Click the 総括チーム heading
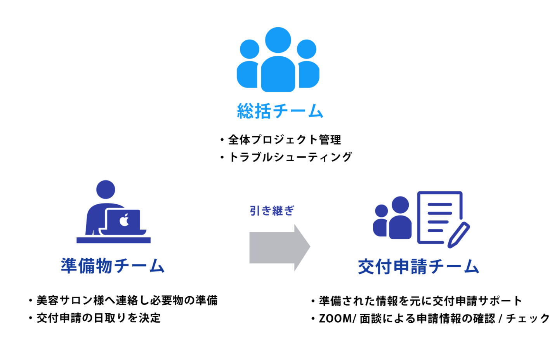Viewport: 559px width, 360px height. pos(280,111)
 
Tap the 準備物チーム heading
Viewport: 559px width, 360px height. pos(113,266)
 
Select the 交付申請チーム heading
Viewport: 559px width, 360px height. pos(418,267)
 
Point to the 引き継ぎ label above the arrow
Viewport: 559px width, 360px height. pos(272,210)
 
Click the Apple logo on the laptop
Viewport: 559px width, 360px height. pos(124,220)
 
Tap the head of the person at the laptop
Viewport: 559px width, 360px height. pos(105,190)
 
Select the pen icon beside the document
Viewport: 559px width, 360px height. pos(458,235)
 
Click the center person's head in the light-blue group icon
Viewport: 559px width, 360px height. pos(278,40)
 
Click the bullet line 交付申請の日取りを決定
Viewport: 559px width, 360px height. pos(98,318)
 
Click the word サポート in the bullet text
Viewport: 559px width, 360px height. pos(500,301)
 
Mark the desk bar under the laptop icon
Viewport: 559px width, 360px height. pos(113,240)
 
